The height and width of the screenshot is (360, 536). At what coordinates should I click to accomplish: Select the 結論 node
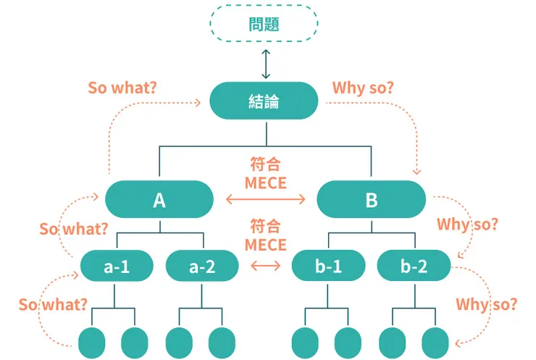[264, 101]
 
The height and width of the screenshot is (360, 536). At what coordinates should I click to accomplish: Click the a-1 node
[117, 267]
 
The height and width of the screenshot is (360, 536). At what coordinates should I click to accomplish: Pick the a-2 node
[202, 267]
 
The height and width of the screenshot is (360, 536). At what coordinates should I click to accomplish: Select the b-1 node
[328, 267]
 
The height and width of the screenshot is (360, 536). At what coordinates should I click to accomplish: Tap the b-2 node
[414, 267]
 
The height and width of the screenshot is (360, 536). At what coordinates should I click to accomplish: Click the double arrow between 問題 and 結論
[265, 64]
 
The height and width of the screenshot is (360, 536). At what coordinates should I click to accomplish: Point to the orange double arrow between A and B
[265, 199]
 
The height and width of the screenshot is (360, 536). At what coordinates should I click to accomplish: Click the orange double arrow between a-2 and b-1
[265, 267]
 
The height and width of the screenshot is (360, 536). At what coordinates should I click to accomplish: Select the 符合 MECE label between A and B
[265, 173]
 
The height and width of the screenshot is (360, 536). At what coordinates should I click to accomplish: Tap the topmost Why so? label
[363, 88]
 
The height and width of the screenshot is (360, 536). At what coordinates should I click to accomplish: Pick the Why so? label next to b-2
[467, 224]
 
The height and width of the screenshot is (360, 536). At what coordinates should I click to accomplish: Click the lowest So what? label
[54, 304]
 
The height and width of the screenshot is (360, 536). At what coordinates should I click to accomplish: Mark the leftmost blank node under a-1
[91, 342]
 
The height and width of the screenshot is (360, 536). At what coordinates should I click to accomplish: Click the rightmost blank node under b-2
[435, 342]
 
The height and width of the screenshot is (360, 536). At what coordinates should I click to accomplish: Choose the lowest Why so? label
[486, 304]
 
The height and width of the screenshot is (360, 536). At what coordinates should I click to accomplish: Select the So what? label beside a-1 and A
[74, 230]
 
